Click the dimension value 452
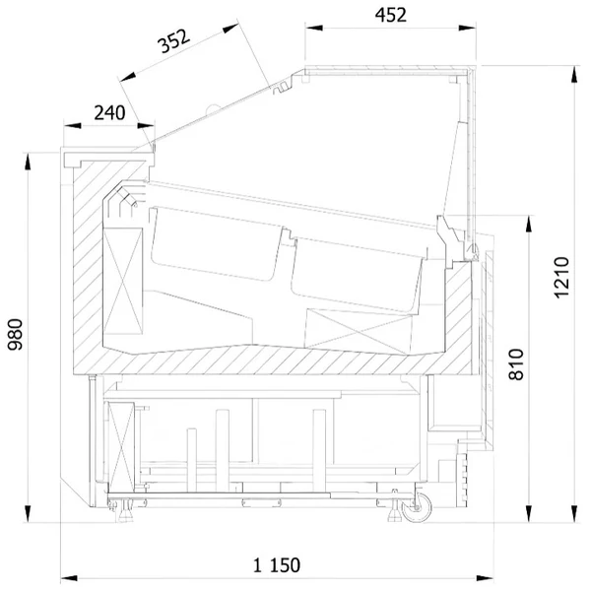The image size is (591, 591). pos(390,15)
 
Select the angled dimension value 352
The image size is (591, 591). pos(173,41)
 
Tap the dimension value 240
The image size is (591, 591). pos(109,112)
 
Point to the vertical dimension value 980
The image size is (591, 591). pos(16,334)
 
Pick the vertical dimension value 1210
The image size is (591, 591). pos(561,278)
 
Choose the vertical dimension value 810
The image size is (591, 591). pos(516,364)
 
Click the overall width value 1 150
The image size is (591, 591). pos(277,565)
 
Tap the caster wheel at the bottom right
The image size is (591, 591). pos(417,507)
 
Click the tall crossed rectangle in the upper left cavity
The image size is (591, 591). pos(123,281)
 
